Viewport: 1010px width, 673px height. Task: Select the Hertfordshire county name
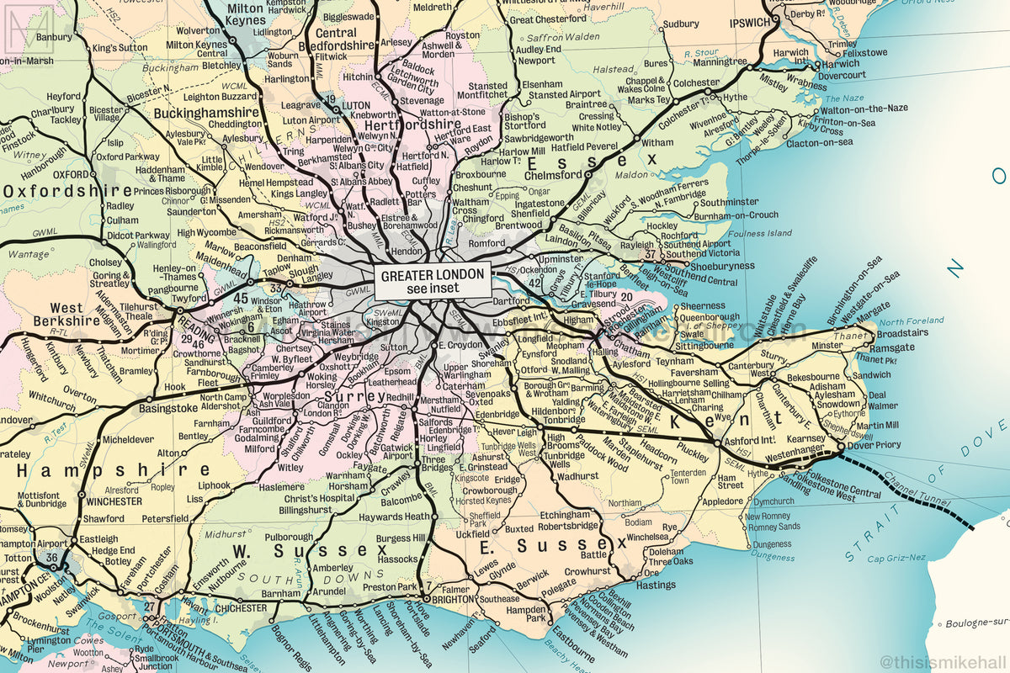[x=412, y=125]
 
